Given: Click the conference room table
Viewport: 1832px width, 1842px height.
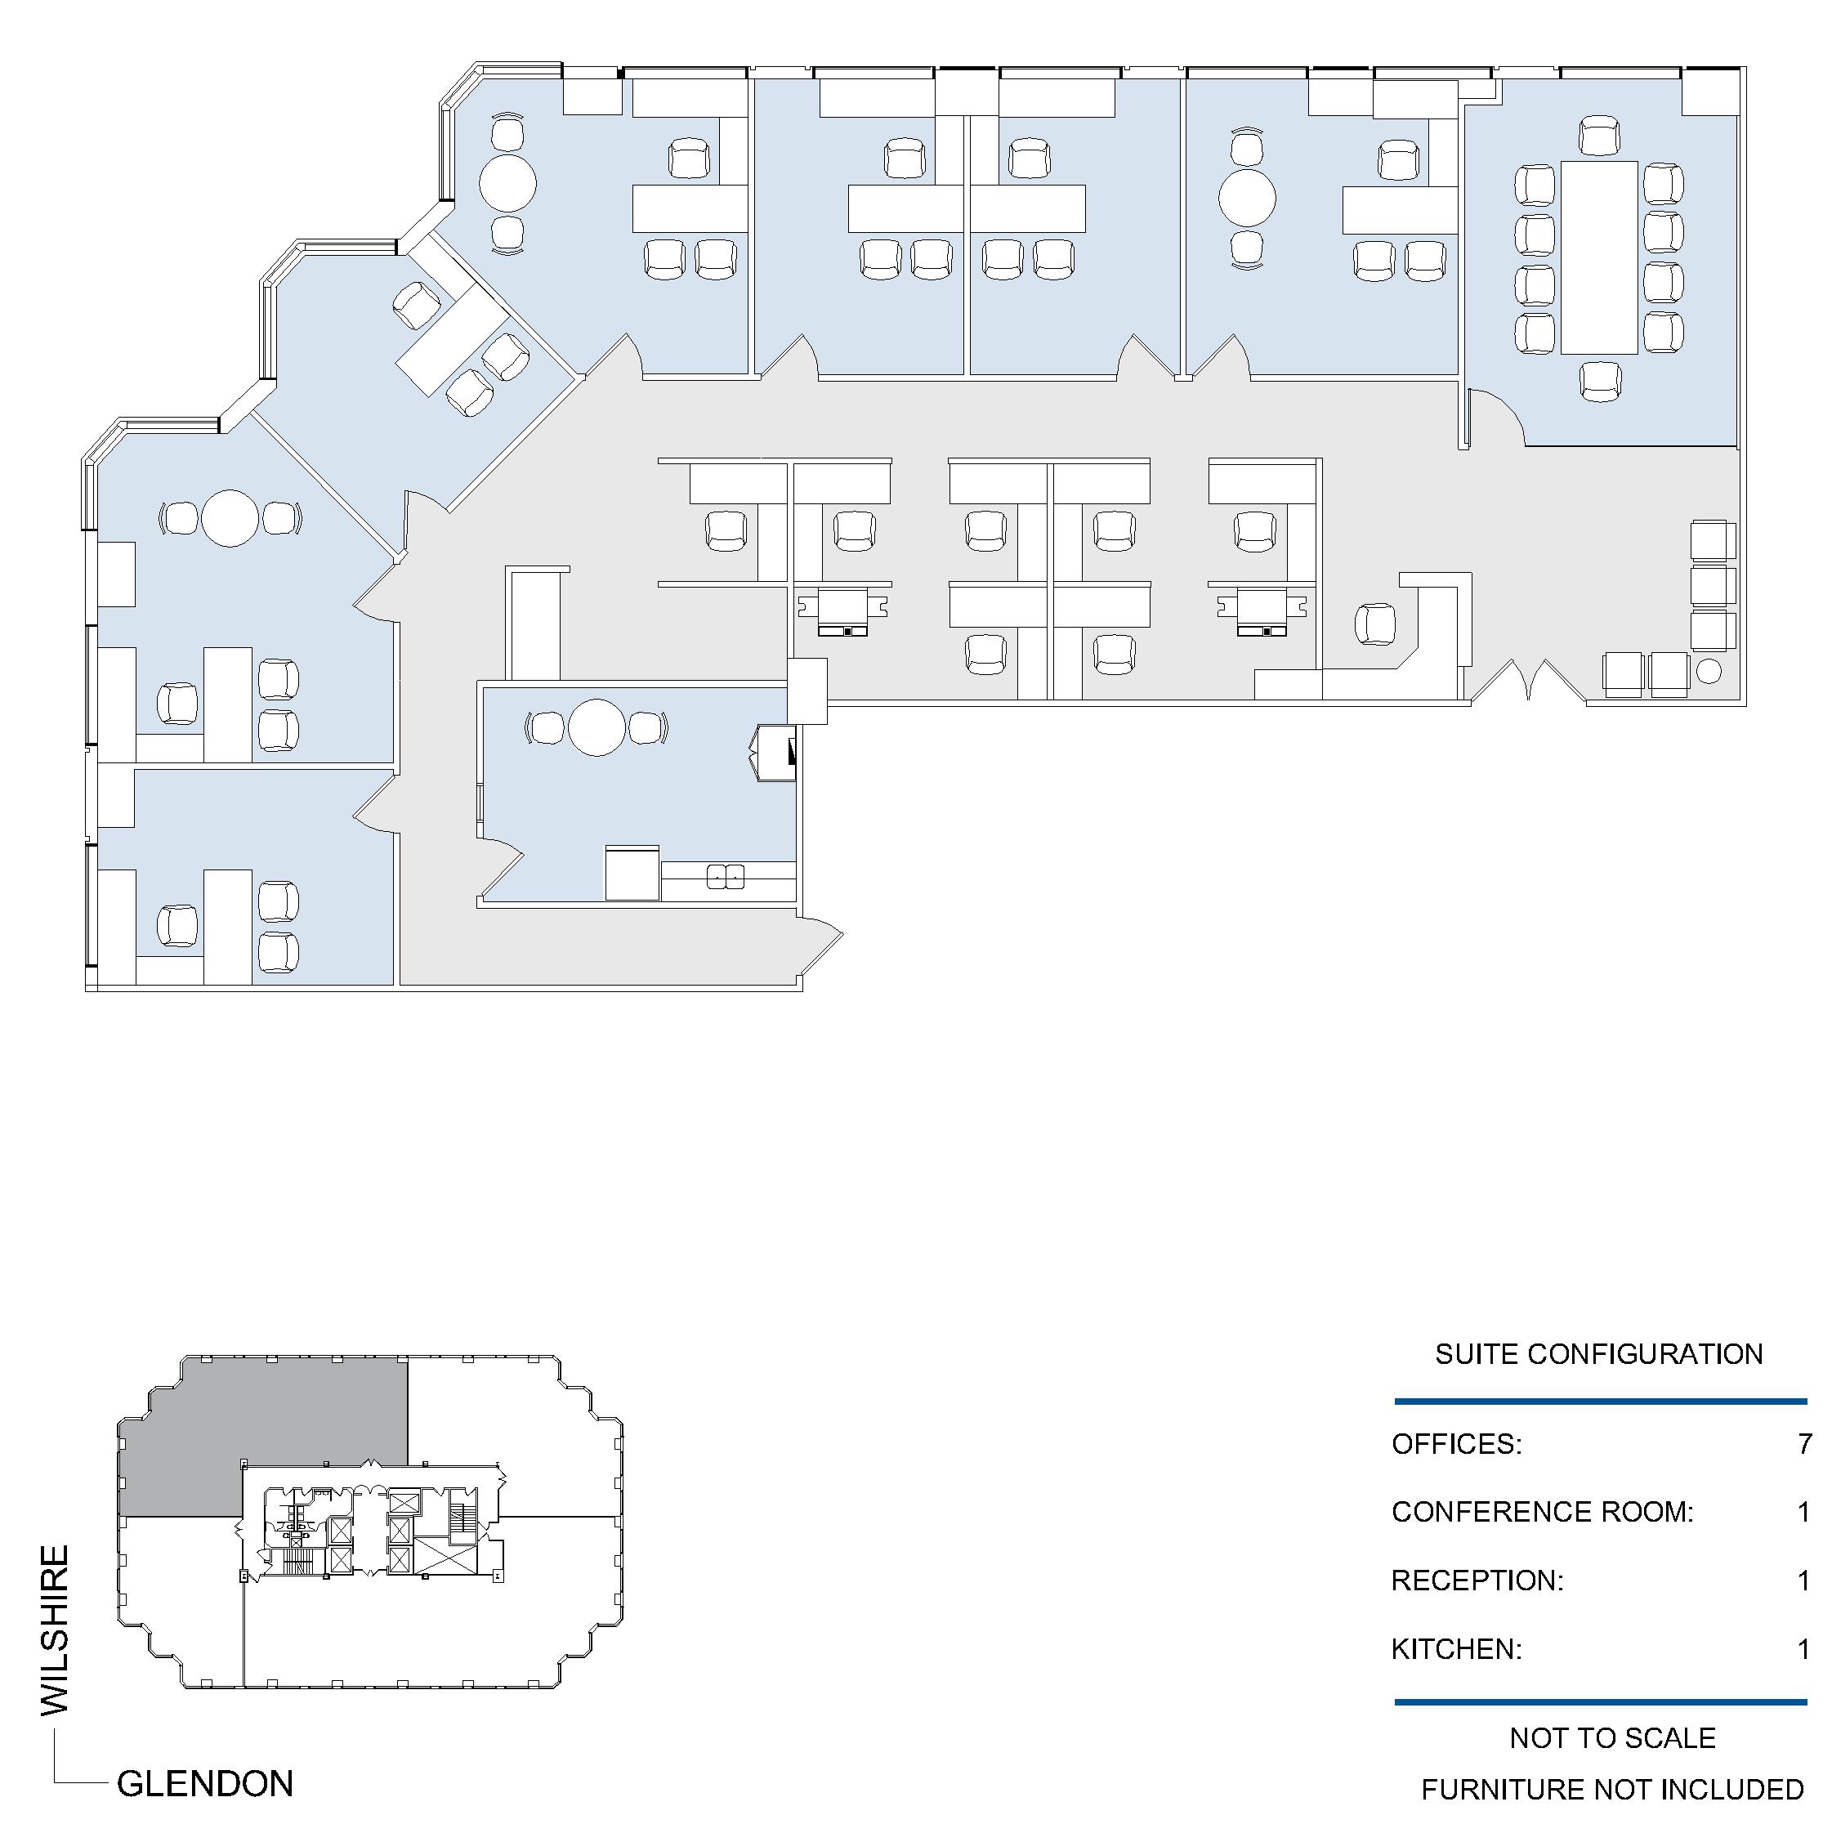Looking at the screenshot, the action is pyautogui.click(x=1598, y=257).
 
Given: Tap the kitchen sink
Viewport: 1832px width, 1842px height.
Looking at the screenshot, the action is pyautogui.click(x=726, y=875).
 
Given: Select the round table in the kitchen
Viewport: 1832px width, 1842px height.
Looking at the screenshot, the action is pyautogui.click(x=597, y=727).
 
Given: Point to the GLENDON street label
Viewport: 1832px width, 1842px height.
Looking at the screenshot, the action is pyautogui.click(x=205, y=1784).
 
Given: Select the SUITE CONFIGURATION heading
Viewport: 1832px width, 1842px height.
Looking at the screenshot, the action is pyautogui.click(x=1598, y=1354).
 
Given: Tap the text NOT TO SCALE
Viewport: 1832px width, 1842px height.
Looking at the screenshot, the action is pyautogui.click(x=1612, y=1738).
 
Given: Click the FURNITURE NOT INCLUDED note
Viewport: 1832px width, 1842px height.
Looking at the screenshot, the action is pyautogui.click(x=1612, y=1790).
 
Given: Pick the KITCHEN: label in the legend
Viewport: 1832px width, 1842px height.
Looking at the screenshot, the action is pyautogui.click(x=1456, y=1649).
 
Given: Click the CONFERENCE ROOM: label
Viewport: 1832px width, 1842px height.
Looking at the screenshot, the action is pyautogui.click(x=1542, y=1512).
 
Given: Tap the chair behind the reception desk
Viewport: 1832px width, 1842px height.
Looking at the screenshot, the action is pyautogui.click(x=1374, y=624).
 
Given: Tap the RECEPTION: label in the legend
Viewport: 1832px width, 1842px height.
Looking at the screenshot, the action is pyautogui.click(x=1477, y=1580).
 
